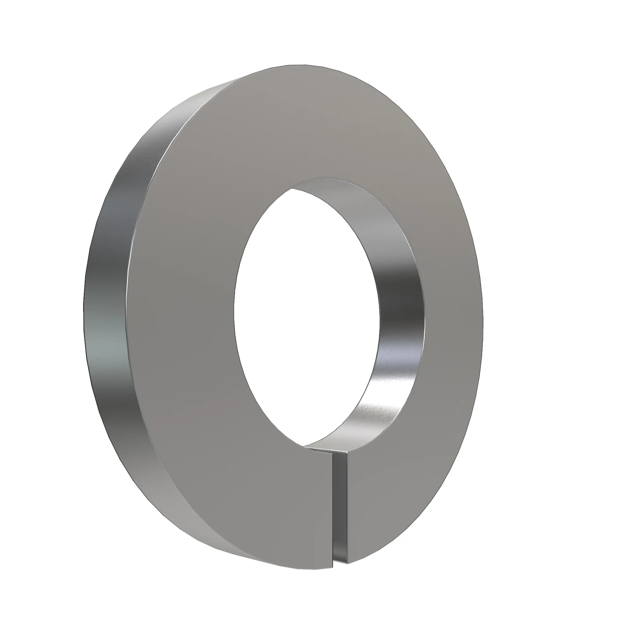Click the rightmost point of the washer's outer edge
(x=483, y=315)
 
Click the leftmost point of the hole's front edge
(x=234, y=308)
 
